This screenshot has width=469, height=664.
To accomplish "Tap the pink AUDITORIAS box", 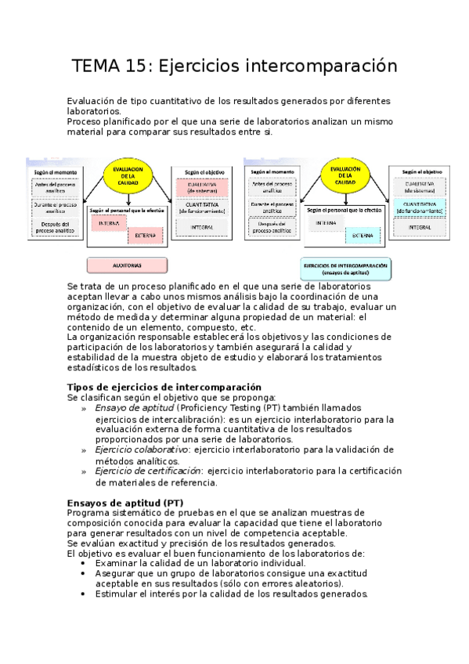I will [127, 265].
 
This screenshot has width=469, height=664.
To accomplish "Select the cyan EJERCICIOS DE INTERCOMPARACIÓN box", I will [345, 268].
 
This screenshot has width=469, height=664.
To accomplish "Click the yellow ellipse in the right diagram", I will [345, 177].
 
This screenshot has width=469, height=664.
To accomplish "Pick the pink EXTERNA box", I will [145, 235].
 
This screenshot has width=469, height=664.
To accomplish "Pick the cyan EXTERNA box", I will [362, 235].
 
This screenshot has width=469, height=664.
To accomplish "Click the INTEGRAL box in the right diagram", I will [420, 227].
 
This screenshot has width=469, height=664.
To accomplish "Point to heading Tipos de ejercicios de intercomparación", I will [164, 388].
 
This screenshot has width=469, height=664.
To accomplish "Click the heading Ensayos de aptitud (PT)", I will [125, 502].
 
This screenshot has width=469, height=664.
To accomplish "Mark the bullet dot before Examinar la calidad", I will [85, 563].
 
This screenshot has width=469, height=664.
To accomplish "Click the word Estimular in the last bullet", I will [117, 594].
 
